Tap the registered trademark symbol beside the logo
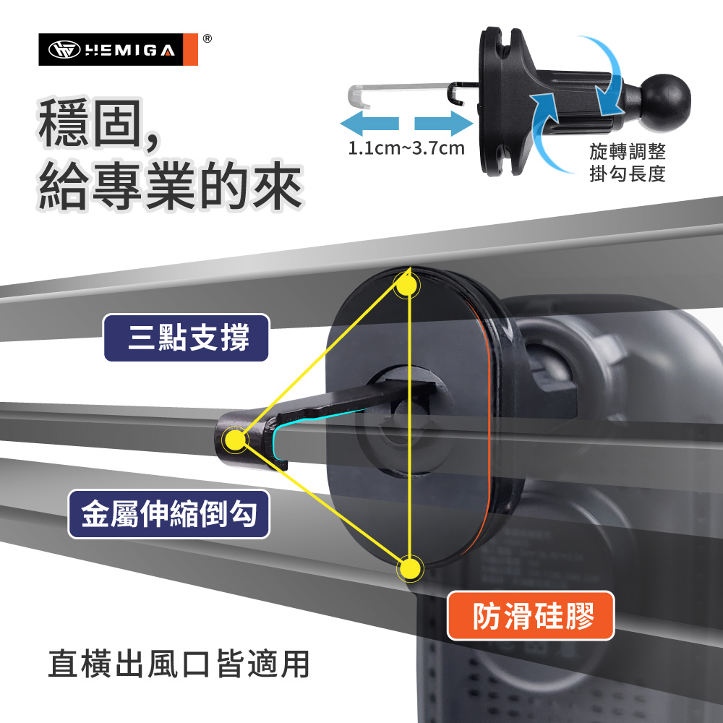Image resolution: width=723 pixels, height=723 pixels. (207, 38)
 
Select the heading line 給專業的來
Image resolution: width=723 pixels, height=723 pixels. (171, 186)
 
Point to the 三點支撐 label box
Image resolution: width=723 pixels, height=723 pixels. (187, 338)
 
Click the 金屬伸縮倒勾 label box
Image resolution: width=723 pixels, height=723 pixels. (169, 514)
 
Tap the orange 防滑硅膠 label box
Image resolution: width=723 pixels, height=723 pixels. (531, 616)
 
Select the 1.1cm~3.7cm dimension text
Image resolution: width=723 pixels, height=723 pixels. (406, 150)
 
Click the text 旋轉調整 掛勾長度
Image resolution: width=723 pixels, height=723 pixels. (627, 162)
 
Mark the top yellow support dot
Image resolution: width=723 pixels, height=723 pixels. (406, 286)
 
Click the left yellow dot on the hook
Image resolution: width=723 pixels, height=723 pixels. (235, 437)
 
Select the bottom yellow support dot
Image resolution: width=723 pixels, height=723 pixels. (410, 569)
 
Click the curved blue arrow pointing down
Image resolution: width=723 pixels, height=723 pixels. (606, 76)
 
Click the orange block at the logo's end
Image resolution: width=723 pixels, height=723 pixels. (190, 50)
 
